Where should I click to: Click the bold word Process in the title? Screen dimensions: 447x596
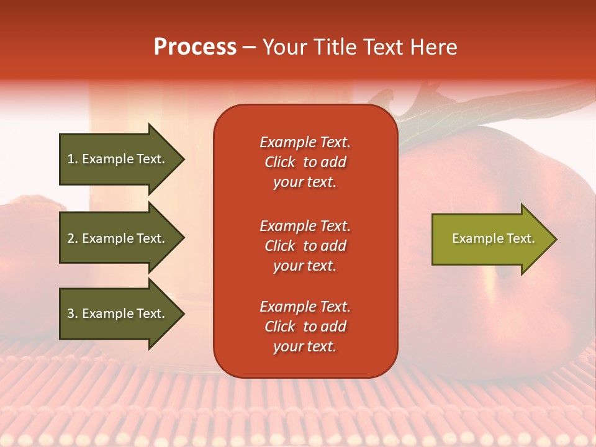(x=195, y=47)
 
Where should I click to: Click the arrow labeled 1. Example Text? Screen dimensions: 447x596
(x=118, y=159)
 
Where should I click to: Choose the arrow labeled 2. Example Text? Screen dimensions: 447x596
(x=118, y=238)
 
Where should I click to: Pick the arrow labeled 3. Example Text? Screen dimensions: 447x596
(x=118, y=314)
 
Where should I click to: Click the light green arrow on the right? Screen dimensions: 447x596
(x=490, y=239)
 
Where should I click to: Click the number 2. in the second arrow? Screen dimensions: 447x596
(x=73, y=238)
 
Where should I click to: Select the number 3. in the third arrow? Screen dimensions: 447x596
(x=73, y=314)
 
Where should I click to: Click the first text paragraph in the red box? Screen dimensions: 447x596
(x=305, y=162)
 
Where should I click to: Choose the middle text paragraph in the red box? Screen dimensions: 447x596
(x=305, y=246)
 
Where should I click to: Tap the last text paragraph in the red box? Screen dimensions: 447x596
(x=305, y=327)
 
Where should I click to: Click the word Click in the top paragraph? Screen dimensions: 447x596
(x=280, y=162)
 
